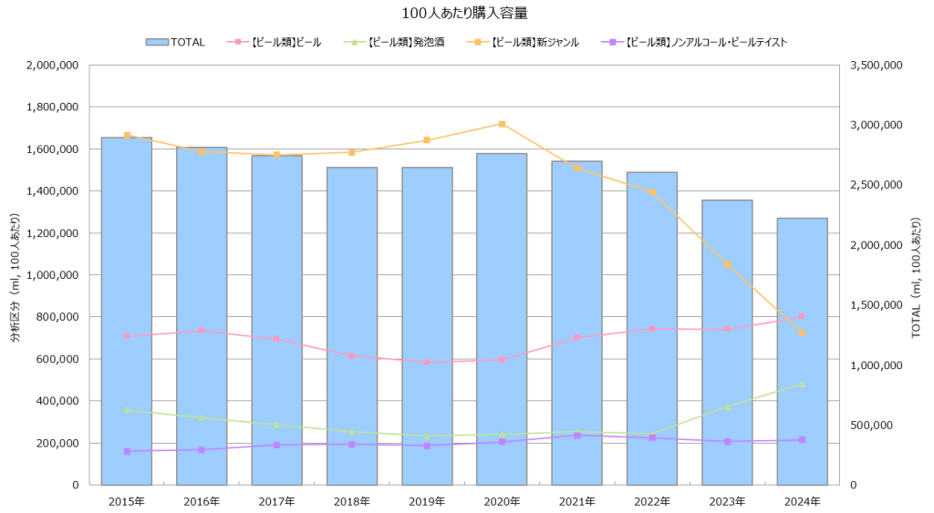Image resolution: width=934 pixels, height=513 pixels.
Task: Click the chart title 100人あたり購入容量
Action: coord(465,14)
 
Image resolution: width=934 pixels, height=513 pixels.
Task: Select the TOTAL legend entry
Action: coord(175,42)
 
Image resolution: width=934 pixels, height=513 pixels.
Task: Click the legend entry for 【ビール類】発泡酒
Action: coord(395,42)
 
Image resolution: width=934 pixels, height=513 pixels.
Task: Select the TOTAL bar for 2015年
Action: coord(126,310)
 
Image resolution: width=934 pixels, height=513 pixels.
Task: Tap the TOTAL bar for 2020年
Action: coord(502,319)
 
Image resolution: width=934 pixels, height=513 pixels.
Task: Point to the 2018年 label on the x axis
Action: coord(352,501)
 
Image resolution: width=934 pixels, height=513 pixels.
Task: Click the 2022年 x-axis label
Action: coord(652,501)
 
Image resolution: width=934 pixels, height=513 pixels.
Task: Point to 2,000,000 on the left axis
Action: coord(53,66)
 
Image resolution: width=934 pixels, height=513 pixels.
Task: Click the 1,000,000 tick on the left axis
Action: coord(53,275)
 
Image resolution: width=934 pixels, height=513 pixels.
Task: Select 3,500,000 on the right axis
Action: coord(875,66)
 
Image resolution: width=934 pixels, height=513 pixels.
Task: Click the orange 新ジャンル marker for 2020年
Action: coord(502,124)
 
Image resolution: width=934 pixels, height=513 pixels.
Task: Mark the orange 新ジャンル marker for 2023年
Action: coord(727,265)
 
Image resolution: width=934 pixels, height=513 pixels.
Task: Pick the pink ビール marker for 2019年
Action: coord(427,362)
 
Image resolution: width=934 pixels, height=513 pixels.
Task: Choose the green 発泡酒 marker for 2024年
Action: coord(802,385)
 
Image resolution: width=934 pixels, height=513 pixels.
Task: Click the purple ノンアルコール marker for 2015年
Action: coord(127,451)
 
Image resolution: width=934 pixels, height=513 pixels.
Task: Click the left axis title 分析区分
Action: coord(15,275)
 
